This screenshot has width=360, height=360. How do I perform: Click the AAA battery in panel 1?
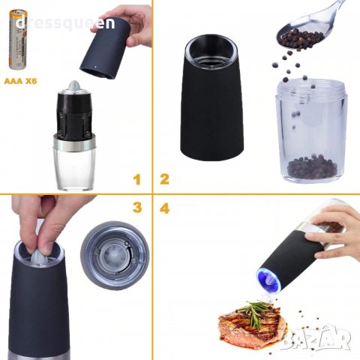click(18, 40)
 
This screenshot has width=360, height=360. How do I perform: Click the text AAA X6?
click(20, 81)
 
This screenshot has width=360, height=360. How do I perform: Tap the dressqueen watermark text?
click(65, 23)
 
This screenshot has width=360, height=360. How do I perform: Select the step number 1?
click(136, 179)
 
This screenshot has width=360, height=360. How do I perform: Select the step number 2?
click(164, 179)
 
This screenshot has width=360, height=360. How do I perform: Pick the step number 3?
click(137, 208)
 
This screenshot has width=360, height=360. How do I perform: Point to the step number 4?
click(164, 208)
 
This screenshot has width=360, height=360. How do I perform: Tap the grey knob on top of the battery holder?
click(74, 86)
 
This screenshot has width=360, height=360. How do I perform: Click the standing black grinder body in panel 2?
click(211, 97)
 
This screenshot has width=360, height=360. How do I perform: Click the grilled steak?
click(253, 325)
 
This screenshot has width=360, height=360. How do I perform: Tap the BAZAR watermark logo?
click(315, 338)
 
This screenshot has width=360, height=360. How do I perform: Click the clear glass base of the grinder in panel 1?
click(74, 169)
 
